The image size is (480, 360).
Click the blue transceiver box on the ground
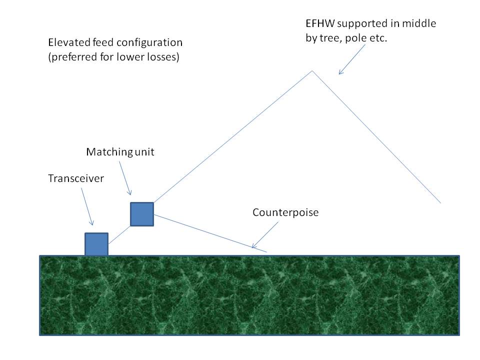[96, 244]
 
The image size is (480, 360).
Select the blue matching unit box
[142, 214]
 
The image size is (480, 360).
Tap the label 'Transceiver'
[76, 178]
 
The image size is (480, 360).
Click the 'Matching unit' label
[120, 152]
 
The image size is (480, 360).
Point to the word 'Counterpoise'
[285, 212]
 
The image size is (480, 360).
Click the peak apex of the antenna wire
[312, 71]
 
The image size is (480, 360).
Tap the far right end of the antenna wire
[440, 202]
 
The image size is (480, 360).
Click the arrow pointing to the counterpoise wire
[265, 235]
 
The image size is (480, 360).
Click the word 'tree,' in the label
[332, 38]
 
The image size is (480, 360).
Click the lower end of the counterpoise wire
[267, 251]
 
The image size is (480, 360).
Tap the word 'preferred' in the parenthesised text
[71, 57]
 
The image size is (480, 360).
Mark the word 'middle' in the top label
[421, 24]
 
